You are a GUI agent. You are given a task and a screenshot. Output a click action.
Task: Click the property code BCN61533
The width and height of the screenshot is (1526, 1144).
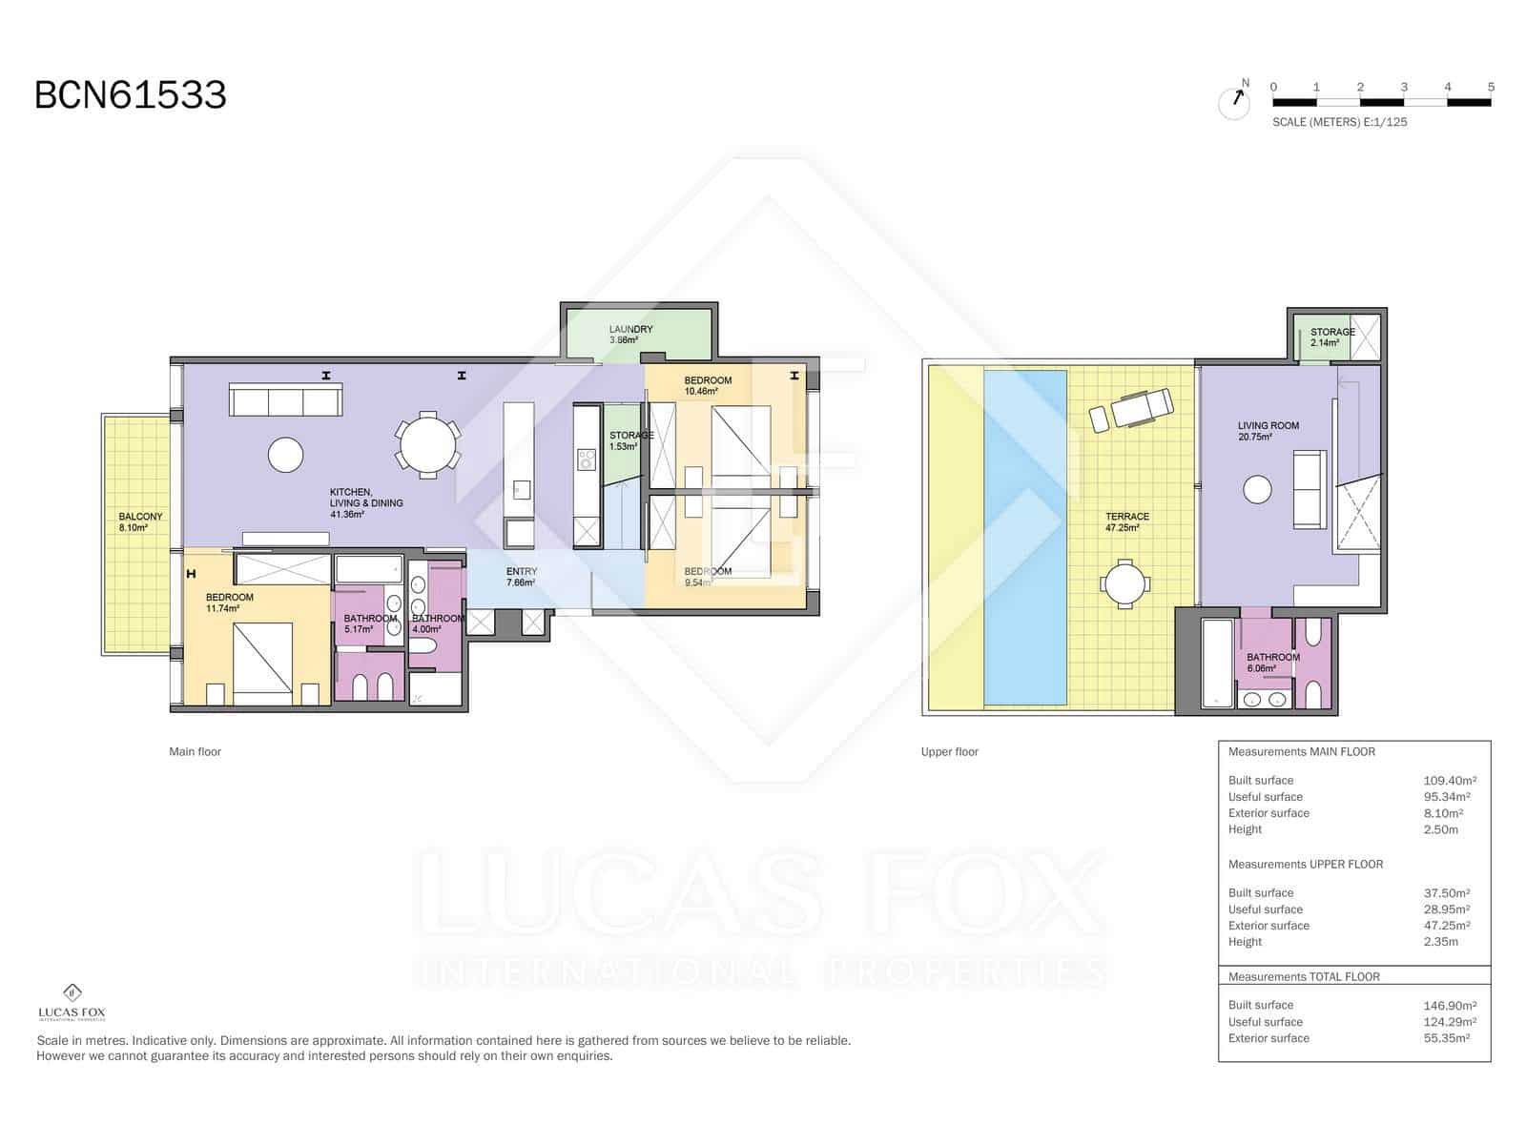click(131, 95)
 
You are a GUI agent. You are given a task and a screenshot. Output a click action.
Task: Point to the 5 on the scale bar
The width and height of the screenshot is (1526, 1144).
click(1491, 87)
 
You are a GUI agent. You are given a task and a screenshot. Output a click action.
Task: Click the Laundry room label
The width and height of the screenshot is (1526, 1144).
click(630, 334)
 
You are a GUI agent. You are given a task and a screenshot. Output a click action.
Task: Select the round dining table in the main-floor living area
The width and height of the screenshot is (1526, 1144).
click(428, 443)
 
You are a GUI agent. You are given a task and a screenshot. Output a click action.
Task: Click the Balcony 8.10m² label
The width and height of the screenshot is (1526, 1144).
click(140, 521)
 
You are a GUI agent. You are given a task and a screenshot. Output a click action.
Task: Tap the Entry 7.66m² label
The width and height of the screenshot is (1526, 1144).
click(521, 577)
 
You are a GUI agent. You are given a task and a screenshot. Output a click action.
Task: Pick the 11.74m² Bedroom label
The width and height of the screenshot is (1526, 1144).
click(229, 603)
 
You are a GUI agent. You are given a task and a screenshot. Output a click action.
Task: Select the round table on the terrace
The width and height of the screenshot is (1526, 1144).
click(1125, 583)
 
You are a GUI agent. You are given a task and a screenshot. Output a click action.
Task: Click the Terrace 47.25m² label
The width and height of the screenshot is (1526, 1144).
click(1126, 521)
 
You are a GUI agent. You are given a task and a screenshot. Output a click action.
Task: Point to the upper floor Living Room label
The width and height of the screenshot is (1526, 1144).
click(1268, 431)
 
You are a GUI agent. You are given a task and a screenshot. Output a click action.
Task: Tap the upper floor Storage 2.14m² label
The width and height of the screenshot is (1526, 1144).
click(1331, 337)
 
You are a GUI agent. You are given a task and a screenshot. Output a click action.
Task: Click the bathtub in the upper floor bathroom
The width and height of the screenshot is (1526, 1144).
click(1217, 664)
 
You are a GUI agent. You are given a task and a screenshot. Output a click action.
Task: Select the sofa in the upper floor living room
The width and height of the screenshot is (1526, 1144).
click(1308, 490)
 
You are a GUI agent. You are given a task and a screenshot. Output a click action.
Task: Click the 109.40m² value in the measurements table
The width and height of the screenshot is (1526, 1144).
click(1449, 780)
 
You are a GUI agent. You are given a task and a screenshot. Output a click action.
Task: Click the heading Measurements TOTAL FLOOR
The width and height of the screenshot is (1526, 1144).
click(1303, 976)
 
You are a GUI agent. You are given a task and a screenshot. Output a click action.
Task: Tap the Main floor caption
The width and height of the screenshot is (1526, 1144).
click(195, 751)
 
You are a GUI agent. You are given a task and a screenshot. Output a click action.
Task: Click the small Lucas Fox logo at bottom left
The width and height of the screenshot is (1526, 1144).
click(72, 1001)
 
